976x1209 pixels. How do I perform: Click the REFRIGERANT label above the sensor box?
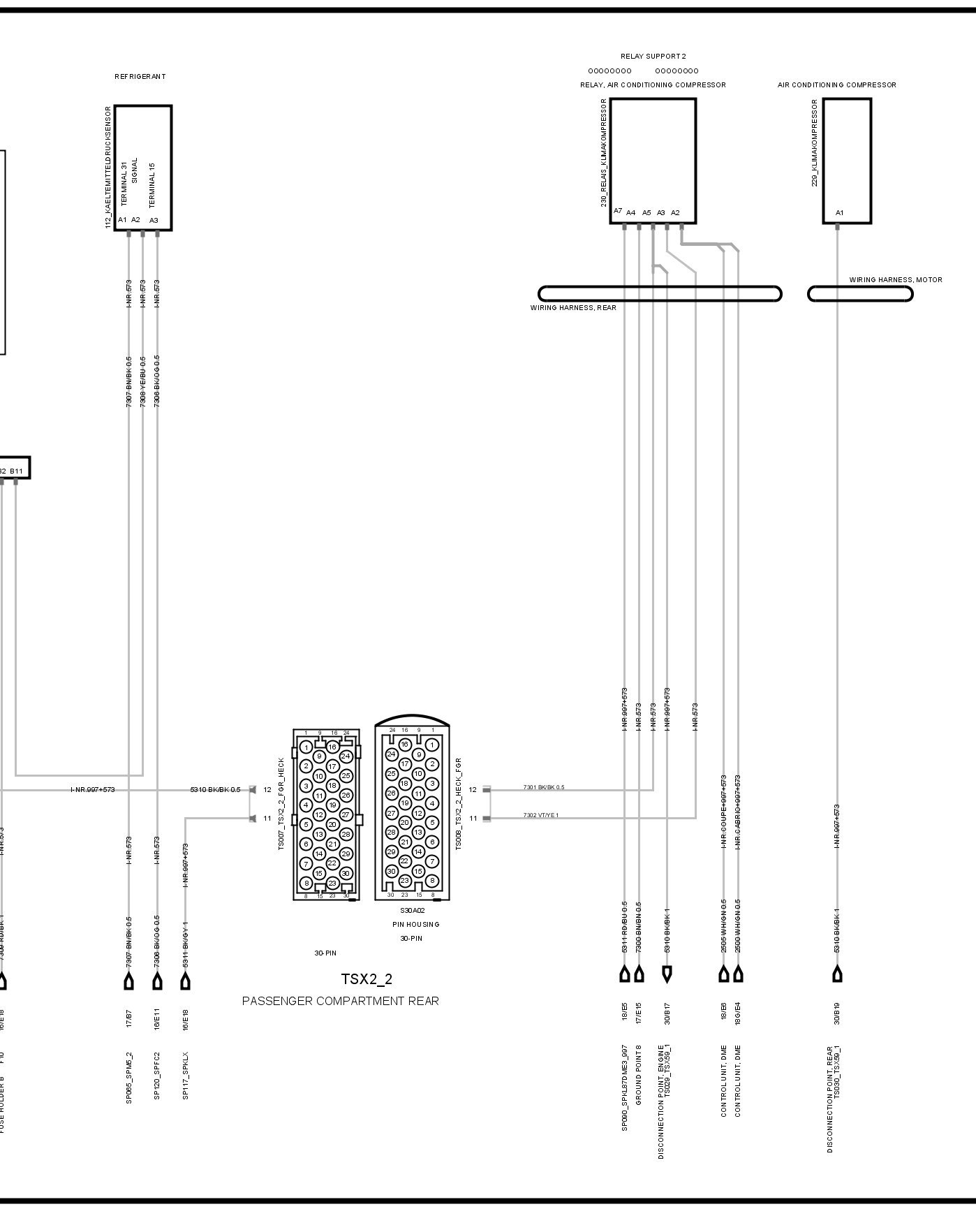(140, 77)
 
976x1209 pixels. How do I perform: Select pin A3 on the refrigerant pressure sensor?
(154, 220)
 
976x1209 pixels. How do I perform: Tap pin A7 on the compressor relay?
(618, 211)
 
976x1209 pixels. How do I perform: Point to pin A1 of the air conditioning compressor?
(840, 213)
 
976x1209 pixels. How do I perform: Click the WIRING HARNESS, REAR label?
(573, 308)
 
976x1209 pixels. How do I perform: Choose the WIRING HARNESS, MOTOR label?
(895, 280)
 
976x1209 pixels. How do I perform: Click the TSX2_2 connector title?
(367, 979)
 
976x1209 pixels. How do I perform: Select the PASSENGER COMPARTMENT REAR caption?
(341, 1001)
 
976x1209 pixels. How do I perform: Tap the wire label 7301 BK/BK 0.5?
(544, 788)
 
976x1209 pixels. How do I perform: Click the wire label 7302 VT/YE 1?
(541, 816)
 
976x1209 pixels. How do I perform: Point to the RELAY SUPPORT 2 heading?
(653, 56)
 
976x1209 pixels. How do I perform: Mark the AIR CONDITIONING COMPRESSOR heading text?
(837, 85)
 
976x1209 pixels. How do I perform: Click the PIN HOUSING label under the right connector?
(416, 925)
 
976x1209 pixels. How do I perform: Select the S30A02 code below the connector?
(412, 911)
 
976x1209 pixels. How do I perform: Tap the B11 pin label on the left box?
(16, 471)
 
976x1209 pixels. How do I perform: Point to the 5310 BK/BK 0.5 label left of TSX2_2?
(215, 790)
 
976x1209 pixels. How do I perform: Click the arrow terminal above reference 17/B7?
(129, 981)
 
